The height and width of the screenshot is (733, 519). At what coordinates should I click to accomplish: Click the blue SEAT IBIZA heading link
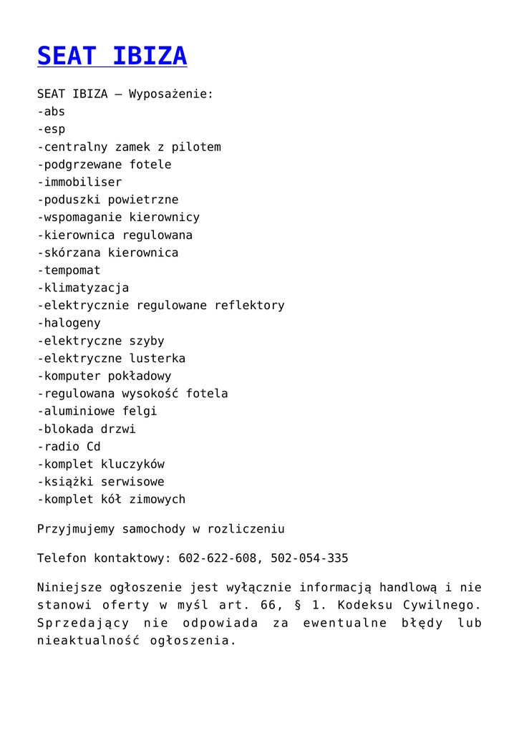112,56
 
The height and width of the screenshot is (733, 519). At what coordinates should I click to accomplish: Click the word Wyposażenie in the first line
171,94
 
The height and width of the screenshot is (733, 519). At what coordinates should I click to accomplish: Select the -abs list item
51,112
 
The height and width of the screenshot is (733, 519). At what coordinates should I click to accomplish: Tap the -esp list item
51,130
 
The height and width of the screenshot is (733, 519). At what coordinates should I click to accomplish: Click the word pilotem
196,147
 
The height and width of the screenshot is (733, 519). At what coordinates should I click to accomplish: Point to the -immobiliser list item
79,182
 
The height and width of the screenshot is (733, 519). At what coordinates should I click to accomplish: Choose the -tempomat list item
69,271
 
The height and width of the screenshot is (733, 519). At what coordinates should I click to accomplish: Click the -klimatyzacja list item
83,288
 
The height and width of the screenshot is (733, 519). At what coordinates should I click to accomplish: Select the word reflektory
249,306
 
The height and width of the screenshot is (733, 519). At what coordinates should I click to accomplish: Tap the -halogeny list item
69,323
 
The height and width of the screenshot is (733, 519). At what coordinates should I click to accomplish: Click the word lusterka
157,358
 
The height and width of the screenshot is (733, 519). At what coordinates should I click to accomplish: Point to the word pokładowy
140,376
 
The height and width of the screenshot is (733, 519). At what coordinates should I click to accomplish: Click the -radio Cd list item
69,447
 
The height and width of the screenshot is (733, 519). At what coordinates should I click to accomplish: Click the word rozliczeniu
246,529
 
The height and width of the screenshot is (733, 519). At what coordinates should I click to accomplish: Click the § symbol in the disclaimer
296,605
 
